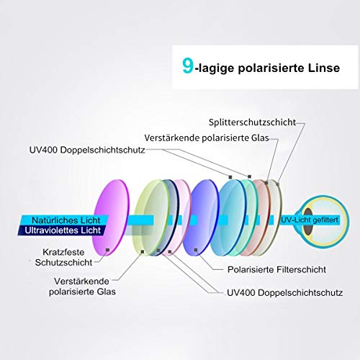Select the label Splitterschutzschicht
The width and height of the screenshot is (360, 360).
252,122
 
